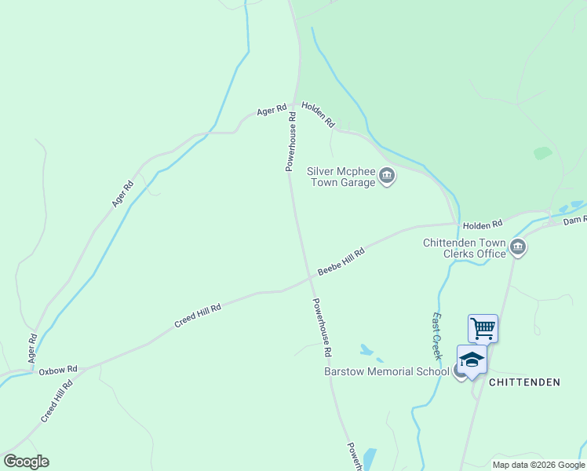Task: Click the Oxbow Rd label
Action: pyautogui.click(x=58, y=369)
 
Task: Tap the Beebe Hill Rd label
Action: pyautogui.click(x=341, y=263)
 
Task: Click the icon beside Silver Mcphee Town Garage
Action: pyautogui.click(x=386, y=176)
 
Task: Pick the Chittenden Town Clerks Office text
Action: pyautogui.click(x=465, y=248)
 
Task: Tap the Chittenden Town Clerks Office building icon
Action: pyautogui.click(x=518, y=248)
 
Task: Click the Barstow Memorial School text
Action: pyautogui.click(x=386, y=371)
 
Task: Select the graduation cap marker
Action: pyautogui.click(x=472, y=360)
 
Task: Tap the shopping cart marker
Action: pyautogui.click(x=483, y=327)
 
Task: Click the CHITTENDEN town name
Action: pyautogui.click(x=524, y=382)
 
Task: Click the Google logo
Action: pyautogui.click(x=26, y=462)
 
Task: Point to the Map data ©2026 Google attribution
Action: pyautogui.click(x=538, y=465)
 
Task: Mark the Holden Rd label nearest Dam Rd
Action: pyautogui.click(x=482, y=225)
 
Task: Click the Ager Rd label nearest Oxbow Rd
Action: pyautogui.click(x=32, y=348)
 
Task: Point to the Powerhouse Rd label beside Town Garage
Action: pyautogui.click(x=290, y=142)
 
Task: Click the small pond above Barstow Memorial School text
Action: pyautogui.click(x=366, y=349)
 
